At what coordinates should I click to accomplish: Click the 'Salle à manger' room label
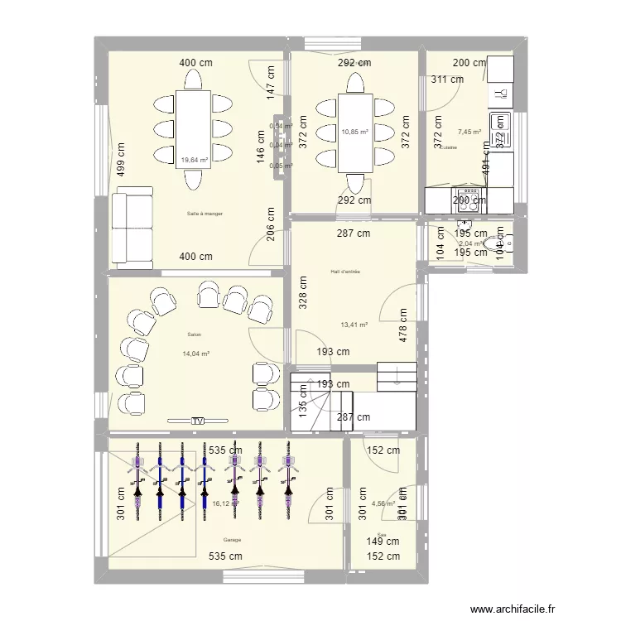point(205,214)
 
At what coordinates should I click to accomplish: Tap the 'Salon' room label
point(195,335)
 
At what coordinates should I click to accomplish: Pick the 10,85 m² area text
point(354,131)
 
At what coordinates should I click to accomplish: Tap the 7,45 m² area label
point(469,131)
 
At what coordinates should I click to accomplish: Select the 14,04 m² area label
point(195,354)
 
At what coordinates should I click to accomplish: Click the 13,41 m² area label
point(354,325)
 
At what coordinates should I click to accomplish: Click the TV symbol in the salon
point(197,421)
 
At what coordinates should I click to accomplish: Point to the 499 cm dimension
point(121,162)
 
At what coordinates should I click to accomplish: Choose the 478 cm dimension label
point(404,326)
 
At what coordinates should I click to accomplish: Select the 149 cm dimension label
point(382,542)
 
